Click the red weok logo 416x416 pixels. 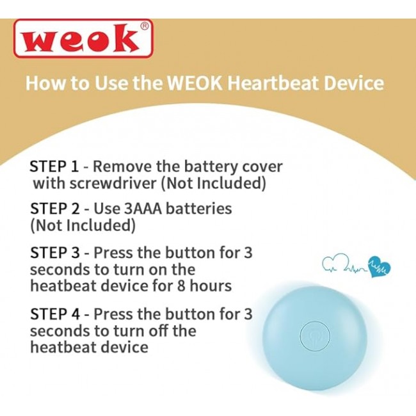[83, 38]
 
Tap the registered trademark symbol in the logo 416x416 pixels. [144, 26]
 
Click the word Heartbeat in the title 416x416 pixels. [273, 83]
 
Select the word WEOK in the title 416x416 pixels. [195, 83]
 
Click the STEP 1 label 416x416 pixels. [54, 166]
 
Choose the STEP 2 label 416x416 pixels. [54, 209]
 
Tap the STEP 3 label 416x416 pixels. [54, 252]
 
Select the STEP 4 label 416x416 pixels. [54, 314]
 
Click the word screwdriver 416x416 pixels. [113, 183]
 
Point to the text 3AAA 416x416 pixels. [143, 209]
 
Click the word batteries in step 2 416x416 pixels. [199, 209]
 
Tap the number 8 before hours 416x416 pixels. [180, 286]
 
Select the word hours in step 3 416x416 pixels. [211, 285]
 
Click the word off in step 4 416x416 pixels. [158, 331]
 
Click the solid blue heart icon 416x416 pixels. [379, 267]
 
